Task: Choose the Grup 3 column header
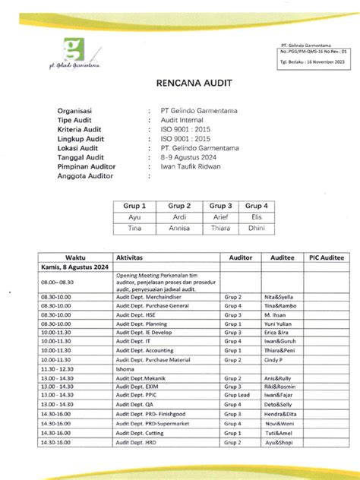coord(220,205)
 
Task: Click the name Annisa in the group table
coord(179,228)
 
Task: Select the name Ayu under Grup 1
coord(134,216)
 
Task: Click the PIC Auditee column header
coord(327,258)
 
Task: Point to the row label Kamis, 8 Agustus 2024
coord(69,268)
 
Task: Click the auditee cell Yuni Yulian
coord(278,323)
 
